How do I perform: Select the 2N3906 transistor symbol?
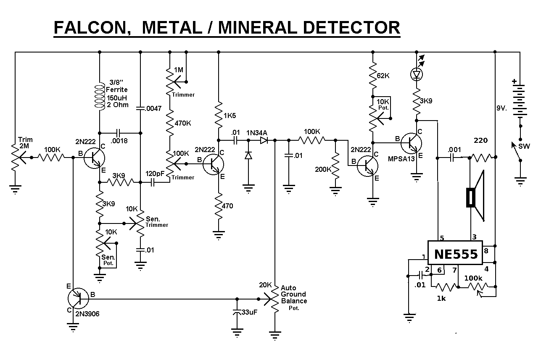pyautogui.click(x=78, y=298)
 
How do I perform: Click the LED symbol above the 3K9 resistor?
pyautogui.click(x=417, y=75)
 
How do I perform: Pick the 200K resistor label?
pyautogui.click(x=322, y=169)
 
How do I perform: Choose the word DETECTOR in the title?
pyautogui.click(x=351, y=28)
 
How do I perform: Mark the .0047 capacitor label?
pyautogui.click(x=153, y=108)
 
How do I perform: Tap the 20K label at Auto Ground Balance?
pyautogui.click(x=266, y=285)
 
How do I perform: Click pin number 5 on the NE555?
pyautogui.click(x=442, y=238)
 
